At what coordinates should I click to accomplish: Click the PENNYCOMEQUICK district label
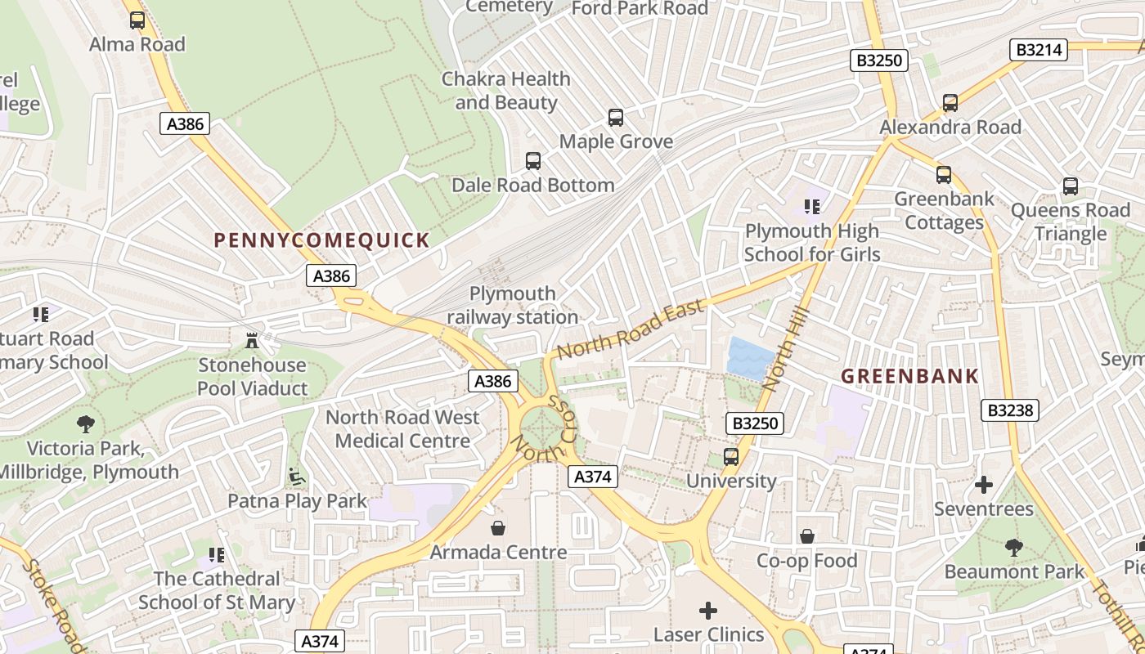(321, 240)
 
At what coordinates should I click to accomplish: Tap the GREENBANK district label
(909, 376)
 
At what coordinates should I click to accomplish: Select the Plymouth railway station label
(513, 305)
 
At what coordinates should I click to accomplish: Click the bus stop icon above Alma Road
(137, 20)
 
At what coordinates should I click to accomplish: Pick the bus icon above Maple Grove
(616, 118)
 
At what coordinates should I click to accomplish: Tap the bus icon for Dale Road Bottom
(533, 161)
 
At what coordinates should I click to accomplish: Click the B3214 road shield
(1039, 50)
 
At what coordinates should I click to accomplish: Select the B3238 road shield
(1010, 410)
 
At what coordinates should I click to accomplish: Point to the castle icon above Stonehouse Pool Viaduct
(252, 340)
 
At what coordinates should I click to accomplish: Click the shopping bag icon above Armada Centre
(498, 529)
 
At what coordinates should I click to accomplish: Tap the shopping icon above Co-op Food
(807, 536)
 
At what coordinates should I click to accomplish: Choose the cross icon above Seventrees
(984, 486)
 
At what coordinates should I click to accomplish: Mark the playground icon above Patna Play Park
(297, 477)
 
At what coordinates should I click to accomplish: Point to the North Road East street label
(630, 329)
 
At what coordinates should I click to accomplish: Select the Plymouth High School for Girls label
(811, 243)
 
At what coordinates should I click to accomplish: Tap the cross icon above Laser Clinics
(708, 611)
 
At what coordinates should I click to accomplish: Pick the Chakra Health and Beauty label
(505, 91)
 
